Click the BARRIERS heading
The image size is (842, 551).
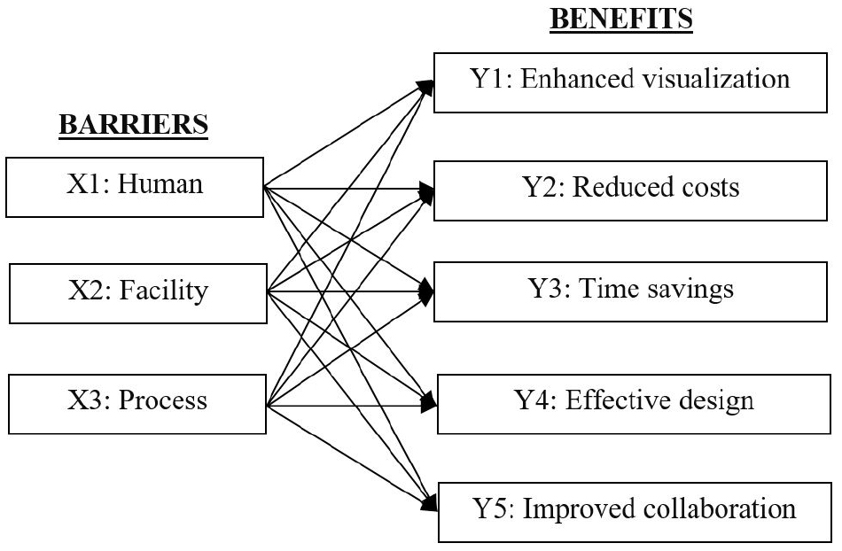pos(132,127)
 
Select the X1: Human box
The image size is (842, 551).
pos(134,185)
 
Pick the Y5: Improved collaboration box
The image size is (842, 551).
pos(635,509)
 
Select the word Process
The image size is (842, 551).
pos(167,401)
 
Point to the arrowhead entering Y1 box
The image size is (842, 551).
pos(426,85)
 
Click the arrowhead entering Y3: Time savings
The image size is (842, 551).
pos(428,291)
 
